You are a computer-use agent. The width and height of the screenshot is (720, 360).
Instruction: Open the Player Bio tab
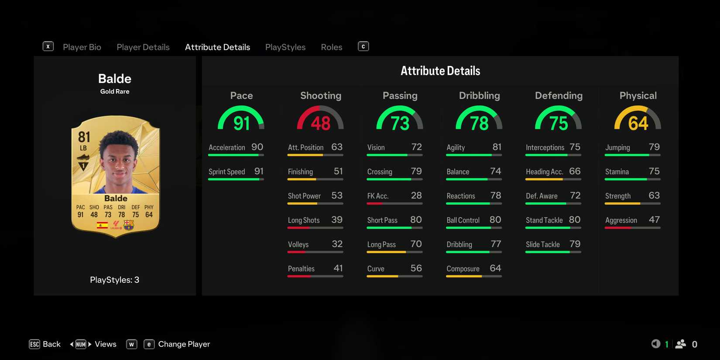coord(82,47)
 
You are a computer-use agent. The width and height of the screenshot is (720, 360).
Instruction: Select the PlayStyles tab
coord(285,47)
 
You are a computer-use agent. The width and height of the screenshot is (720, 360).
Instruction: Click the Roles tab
coord(332,47)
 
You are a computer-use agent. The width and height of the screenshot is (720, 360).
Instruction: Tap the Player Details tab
coord(143,47)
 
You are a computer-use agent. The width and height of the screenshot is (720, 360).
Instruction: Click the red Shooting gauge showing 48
coord(320,120)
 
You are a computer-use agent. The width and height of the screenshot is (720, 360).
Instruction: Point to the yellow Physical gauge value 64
coord(638,123)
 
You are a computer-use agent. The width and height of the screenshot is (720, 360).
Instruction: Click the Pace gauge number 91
coord(241,123)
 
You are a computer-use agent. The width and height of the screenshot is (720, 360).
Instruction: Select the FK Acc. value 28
coord(416,195)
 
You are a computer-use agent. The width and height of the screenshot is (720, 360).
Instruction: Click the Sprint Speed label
coord(226,171)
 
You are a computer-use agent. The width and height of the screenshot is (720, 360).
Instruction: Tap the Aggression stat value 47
coord(654,220)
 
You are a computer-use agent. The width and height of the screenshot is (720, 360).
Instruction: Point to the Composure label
coord(463,269)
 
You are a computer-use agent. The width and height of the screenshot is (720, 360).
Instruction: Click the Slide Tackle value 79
coord(575,244)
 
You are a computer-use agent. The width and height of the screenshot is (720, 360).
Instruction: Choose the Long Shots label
coord(304,220)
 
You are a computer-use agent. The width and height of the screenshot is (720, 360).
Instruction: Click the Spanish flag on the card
coord(103,225)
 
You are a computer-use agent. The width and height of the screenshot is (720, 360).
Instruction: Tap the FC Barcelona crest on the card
coord(129,225)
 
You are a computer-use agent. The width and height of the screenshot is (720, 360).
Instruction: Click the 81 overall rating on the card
coord(84,137)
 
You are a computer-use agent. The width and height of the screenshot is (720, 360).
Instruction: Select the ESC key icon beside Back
coord(34,344)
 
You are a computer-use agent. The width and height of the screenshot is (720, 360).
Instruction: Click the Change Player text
coord(184,344)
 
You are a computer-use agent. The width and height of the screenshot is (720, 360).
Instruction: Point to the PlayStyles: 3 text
coord(115,280)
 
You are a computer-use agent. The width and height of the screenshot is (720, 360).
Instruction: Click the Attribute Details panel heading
coord(440,71)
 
